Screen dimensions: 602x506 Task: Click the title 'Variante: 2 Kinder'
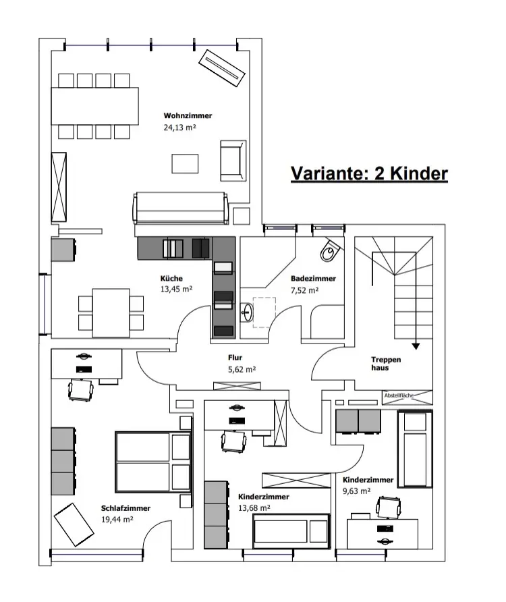(x=369, y=173)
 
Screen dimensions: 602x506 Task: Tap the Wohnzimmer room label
(x=182, y=116)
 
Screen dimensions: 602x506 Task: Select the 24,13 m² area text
(x=179, y=127)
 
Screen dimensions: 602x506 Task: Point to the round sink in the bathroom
(x=248, y=312)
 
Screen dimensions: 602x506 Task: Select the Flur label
(x=235, y=358)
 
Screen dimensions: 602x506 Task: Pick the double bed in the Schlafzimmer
(x=152, y=462)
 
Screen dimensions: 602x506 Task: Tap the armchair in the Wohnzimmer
(x=233, y=160)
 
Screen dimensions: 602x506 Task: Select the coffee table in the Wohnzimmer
(x=185, y=163)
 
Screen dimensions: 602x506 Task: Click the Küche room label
(x=171, y=279)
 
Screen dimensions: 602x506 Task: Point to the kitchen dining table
(x=111, y=310)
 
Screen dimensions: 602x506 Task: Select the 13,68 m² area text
(x=254, y=508)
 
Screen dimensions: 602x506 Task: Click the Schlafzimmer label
(x=126, y=508)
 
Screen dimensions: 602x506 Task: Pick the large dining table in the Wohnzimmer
(x=94, y=105)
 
